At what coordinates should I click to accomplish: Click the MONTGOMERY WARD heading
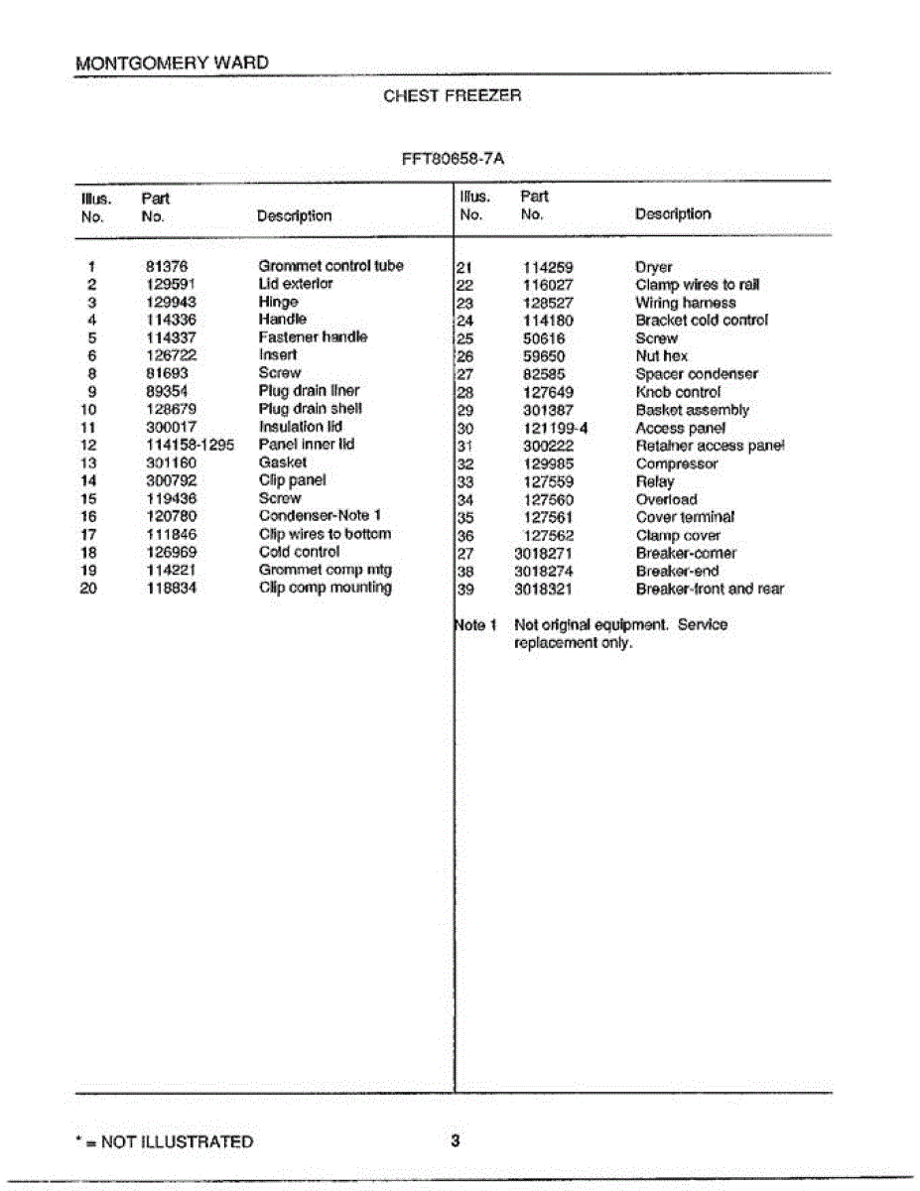coord(172,64)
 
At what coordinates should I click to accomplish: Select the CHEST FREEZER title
coord(452,96)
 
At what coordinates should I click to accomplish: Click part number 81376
coord(167,266)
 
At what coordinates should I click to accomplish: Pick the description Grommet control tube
coord(330,266)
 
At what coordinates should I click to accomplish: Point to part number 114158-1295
coord(189,445)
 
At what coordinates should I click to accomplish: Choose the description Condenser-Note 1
coord(320,516)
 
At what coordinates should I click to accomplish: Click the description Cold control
coord(299,552)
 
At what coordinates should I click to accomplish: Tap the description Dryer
coord(654,267)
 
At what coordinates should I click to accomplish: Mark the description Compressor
coord(677,463)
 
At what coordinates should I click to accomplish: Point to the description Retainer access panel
coord(710,446)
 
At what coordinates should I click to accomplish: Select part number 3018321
coord(544,589)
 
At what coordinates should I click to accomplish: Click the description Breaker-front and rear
coord(710,589)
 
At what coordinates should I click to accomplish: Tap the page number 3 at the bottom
coord(455,1141)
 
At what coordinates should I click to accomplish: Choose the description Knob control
coord(678,392)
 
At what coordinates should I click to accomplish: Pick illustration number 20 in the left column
coord(88,588)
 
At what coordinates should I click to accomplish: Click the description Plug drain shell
coord(310,409)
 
